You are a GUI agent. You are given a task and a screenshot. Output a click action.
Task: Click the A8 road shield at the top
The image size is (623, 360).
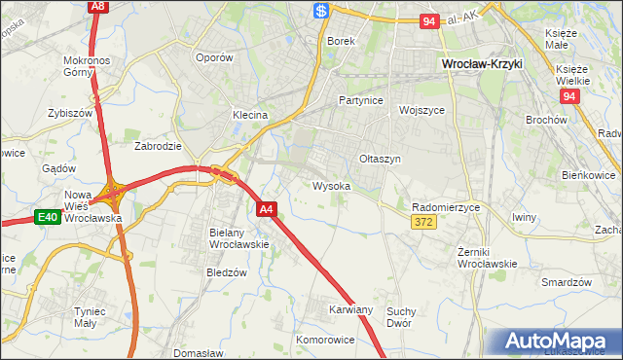click(97, 6)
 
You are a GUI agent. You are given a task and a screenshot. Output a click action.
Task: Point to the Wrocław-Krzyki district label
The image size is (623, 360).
click(482, 63)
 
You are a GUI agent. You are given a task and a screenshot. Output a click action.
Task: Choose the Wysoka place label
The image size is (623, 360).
click(331, 185)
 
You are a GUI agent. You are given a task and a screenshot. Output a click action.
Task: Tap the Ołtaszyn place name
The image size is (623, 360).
click(380, 159)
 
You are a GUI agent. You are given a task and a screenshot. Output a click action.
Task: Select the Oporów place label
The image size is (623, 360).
click(214, 57)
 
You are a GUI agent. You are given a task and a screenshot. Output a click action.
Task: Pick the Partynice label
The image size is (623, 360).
click(360, 100)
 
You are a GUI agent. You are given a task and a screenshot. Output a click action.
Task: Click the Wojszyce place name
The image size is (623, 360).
click(421, 110)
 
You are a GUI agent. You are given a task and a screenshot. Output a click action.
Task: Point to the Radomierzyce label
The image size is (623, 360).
click(446, 207)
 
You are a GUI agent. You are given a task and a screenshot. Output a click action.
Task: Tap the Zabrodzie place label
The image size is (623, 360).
click(158, 146)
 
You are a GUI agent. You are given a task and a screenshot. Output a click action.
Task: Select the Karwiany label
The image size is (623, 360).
click(350, 309)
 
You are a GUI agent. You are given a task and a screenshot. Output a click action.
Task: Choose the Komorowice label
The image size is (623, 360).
click(325, 341)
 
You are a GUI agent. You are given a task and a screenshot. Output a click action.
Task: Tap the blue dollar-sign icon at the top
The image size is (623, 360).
click(321, 10)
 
